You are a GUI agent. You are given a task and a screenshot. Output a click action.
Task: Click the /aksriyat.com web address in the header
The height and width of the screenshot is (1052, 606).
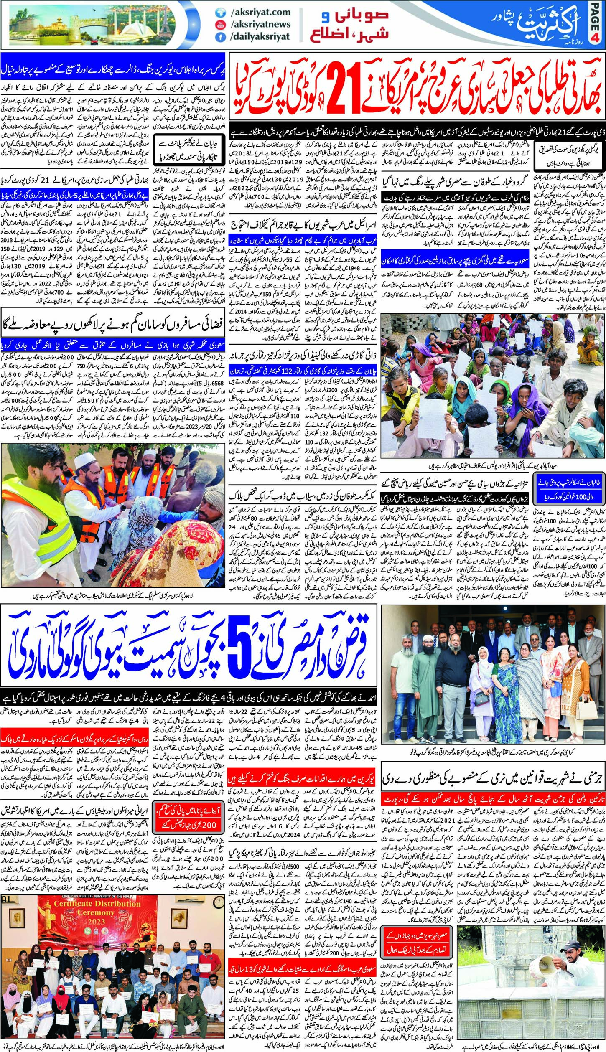(259, 13)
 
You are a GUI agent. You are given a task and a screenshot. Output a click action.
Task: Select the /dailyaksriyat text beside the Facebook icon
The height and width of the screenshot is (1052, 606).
(260, 36)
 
